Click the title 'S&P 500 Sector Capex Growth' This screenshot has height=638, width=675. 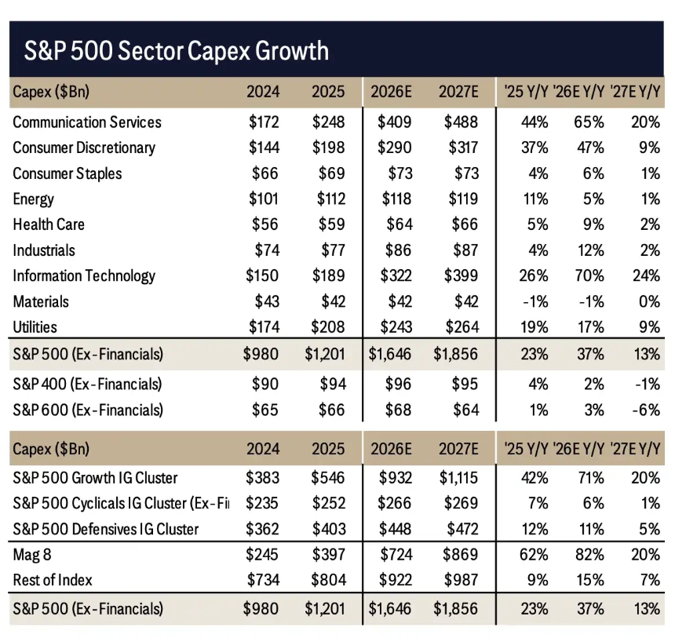point(177,51)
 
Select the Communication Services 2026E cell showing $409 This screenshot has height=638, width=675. point(394,122)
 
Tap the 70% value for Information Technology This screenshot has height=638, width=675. point(589,276)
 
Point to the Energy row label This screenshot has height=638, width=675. point(33,199)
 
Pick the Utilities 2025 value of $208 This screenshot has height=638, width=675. point(328,327)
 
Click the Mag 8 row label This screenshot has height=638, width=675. point(32,555)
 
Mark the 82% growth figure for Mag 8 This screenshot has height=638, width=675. point(589,555)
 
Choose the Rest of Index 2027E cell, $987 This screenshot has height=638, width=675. point(461,580)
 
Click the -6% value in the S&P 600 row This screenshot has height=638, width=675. point(646,410)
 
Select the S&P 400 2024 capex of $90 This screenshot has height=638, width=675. point(265,385)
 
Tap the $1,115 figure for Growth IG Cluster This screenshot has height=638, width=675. point(458,478)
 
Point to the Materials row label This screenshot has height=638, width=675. point(41,302)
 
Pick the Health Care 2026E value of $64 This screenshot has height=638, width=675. point(399,224)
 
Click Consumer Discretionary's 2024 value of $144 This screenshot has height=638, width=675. point(264,148)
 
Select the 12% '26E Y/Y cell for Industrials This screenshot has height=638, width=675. point(590,250)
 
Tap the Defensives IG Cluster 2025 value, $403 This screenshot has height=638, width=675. point(329,530)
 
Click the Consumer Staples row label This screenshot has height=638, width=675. point(67,174)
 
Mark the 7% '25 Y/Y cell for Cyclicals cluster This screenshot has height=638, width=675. point(538,504)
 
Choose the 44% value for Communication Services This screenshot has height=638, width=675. point(535,122)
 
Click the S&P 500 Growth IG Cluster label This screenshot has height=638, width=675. point(95,478)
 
